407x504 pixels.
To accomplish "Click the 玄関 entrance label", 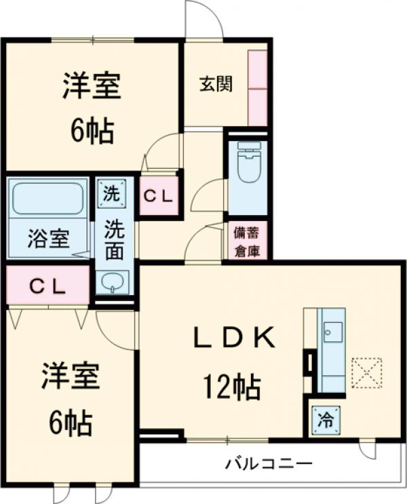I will pos(216,84).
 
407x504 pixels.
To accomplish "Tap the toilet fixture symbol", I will pos(248,162).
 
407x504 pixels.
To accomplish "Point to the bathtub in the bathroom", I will pos(47,198).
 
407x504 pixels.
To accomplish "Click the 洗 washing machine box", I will pos(111,192).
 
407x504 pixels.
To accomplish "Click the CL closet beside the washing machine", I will pos(159,196).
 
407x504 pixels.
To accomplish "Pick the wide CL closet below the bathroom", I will pos(47,286).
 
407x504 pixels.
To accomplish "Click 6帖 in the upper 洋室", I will pos(92,130).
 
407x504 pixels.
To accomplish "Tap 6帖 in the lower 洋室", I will pos(71,424).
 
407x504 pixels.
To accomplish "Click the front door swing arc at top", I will pos(206,20).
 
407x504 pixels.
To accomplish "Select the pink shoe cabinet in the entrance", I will pos(258,88).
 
